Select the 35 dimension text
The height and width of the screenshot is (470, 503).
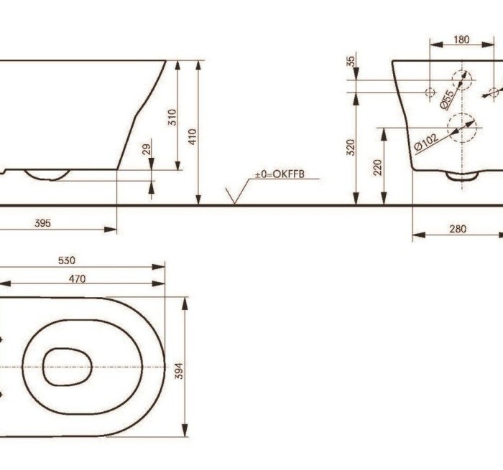(x=351, y=61)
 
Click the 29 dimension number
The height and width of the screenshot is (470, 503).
(x=147, y=149)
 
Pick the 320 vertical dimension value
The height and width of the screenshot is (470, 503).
(x=351, y=147)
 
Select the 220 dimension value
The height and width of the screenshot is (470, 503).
(x=378, y=166)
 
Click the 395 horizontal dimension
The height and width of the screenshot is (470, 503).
(x=42, y=223)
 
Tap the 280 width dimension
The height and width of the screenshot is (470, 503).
(x=457, y=229)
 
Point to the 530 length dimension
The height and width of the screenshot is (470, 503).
(x=67, y=260)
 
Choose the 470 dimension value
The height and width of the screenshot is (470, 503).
(x=77, y=278)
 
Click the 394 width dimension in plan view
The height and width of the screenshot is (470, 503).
(x=180, y=369)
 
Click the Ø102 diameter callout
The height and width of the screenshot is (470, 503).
(x=426, y=141)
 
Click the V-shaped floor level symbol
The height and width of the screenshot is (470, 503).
(x=234, y=196)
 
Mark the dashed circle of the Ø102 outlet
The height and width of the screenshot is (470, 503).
(x=462, y=128)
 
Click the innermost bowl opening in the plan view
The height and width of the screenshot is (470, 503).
(x=67, y=367)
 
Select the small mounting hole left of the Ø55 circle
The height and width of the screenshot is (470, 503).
(x=430, y=92)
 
